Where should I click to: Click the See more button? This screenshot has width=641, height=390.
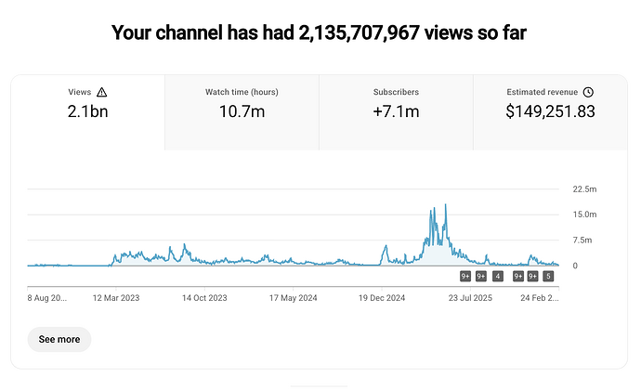(59, 339)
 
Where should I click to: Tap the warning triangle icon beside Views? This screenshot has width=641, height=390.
(102, 93)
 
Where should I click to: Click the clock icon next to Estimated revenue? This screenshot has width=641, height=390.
(589, 93)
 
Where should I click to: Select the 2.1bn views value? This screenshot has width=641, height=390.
(87, 112)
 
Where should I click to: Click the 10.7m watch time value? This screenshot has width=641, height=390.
(242, 112)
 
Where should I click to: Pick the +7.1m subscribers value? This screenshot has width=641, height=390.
(396, 112)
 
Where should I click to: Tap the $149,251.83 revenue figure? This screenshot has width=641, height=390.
(550, 112)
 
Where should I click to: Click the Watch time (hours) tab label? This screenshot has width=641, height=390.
(242, 93)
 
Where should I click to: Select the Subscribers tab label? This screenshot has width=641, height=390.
(396, 93)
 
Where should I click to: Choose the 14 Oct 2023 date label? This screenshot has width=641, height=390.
(204, 298)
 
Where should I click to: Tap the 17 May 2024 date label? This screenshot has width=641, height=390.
(294, 298)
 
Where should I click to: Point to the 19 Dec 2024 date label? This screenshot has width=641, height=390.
(383, 298)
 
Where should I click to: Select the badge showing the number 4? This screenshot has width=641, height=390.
(498, 276)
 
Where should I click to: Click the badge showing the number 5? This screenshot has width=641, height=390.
(549, 276)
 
